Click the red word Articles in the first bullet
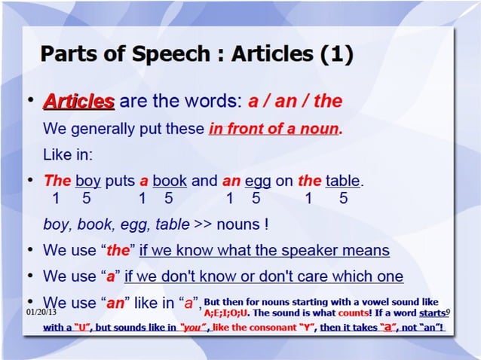point(79,101)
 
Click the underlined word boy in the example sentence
point(88,181)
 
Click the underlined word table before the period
point(343,181)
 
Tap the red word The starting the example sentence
point(57,181)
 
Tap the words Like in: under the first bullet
point(66,154)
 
